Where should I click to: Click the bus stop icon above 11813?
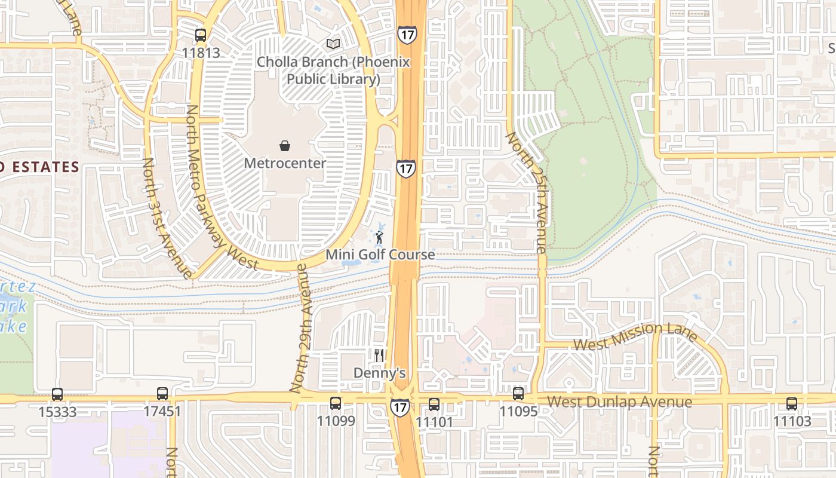point(201,35)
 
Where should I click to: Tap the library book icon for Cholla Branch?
point(333,44)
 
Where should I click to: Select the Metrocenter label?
point(285,163)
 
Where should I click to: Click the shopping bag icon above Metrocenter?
point(285,145)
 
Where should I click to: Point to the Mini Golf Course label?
point(380,255)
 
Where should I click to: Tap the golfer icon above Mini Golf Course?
point(379,237)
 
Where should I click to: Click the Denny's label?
point(380,373)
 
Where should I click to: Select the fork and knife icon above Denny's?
point(379,356)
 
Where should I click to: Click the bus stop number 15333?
point(57,412)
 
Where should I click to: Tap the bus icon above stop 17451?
point(162,394)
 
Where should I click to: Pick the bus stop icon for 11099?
point(336,403)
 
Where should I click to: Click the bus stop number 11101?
point(434,422)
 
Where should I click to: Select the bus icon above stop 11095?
point(518,394)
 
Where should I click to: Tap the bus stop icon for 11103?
point(792,403)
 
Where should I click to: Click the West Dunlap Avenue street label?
point(619,402)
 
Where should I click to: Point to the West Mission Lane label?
point(635,336)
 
